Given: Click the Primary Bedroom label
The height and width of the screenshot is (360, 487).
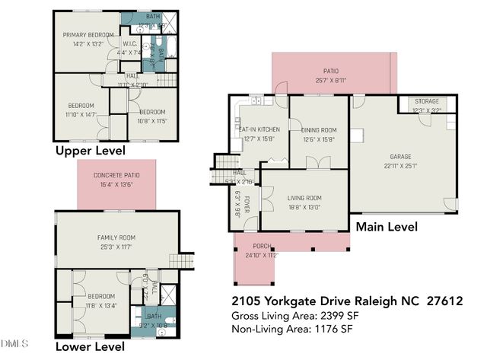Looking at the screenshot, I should pos(88,35).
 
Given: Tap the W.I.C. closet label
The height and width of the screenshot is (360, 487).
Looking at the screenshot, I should pos(130,44).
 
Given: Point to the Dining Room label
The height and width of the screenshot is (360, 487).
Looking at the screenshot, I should pos(319,130).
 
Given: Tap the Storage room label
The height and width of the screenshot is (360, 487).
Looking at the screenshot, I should pos(426,102).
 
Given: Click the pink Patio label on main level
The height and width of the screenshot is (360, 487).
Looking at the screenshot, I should pos(330,69).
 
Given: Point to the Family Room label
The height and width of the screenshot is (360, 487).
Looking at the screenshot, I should pos(116,237).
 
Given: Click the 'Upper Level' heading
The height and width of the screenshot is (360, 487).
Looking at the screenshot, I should pos(91,151).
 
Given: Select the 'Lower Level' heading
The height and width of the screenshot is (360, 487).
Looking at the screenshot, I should pos(90,347).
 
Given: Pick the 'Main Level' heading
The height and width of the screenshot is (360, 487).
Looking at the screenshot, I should pos(387,226).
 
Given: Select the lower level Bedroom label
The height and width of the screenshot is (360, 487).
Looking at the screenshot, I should pos(100,296).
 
